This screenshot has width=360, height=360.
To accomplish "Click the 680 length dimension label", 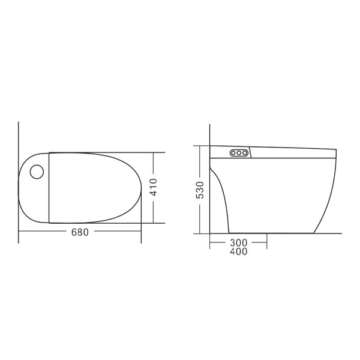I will pyautogui.click(x=80, y=232).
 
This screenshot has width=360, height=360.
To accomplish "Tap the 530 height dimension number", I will pyautogui.click(x=200, y=190).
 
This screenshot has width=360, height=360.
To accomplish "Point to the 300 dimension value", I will pyautogui.click(x=238, y=242).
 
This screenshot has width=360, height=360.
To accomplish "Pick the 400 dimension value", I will pyautogui.click(x=238, y=251).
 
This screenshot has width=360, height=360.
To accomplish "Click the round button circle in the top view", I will pyautogui.click(x=37, y=172).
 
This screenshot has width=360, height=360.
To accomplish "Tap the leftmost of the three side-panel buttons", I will pyautogui.click(x=233, y=153).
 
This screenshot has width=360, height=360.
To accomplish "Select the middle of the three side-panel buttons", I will pyautogui.click(x=239, y=153).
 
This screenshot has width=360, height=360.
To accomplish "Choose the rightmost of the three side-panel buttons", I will pyautogui.click(x=245, y=153).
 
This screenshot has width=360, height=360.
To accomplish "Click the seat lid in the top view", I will pyautogui.click(x=90, y=187).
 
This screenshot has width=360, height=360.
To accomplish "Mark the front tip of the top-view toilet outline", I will pyautogui.click(x=141, y=187).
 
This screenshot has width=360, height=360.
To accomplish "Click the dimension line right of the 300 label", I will pyautogui.click(x=258, y=242).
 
